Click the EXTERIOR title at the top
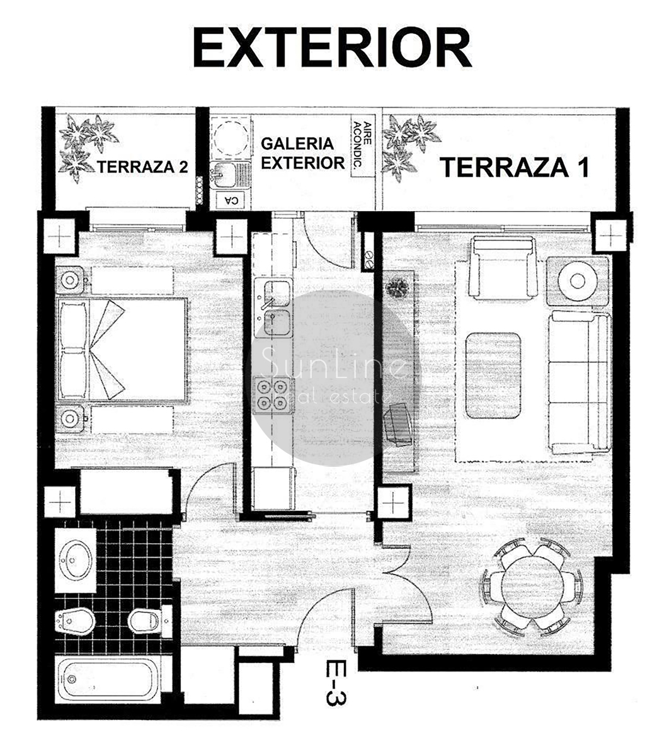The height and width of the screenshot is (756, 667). [332, 47]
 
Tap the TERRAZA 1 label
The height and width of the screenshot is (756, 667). [515, 168]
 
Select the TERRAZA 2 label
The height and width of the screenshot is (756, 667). [142, 167]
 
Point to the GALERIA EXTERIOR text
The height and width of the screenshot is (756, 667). [302, 153]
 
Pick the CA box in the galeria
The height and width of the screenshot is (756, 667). [231, 200]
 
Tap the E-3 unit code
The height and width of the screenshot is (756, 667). [336, 682]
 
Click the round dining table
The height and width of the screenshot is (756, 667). [532, 587]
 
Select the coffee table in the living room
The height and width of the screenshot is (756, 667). [493, 375]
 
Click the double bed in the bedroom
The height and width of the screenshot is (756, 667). [121, 349]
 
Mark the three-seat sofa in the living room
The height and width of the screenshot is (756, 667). [579, 383]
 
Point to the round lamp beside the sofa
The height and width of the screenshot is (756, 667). [578, 281]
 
